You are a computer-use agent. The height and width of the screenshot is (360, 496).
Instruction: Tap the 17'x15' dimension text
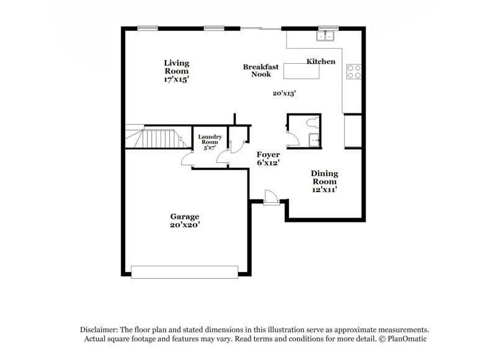[176, 79]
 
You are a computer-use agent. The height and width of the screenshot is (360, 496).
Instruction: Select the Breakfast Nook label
[260, 70]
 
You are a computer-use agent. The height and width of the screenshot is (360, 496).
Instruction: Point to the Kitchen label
[321, 61]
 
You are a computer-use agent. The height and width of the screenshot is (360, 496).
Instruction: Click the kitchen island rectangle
[302, 72]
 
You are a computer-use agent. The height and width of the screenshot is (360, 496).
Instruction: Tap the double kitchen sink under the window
[325, 36]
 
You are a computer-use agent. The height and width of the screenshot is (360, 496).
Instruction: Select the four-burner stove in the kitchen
[353, 72]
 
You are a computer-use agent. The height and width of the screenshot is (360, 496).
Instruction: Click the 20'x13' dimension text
[284, 94]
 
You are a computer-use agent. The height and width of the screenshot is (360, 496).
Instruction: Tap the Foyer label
[268, 154]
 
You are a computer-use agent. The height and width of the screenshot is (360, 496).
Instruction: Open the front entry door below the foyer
[271, 198]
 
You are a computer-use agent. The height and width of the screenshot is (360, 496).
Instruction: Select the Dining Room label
[324, 177]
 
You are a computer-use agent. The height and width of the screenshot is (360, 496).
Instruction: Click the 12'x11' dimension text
[324, 190]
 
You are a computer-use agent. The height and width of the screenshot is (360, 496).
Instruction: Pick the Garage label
[185, 216]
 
